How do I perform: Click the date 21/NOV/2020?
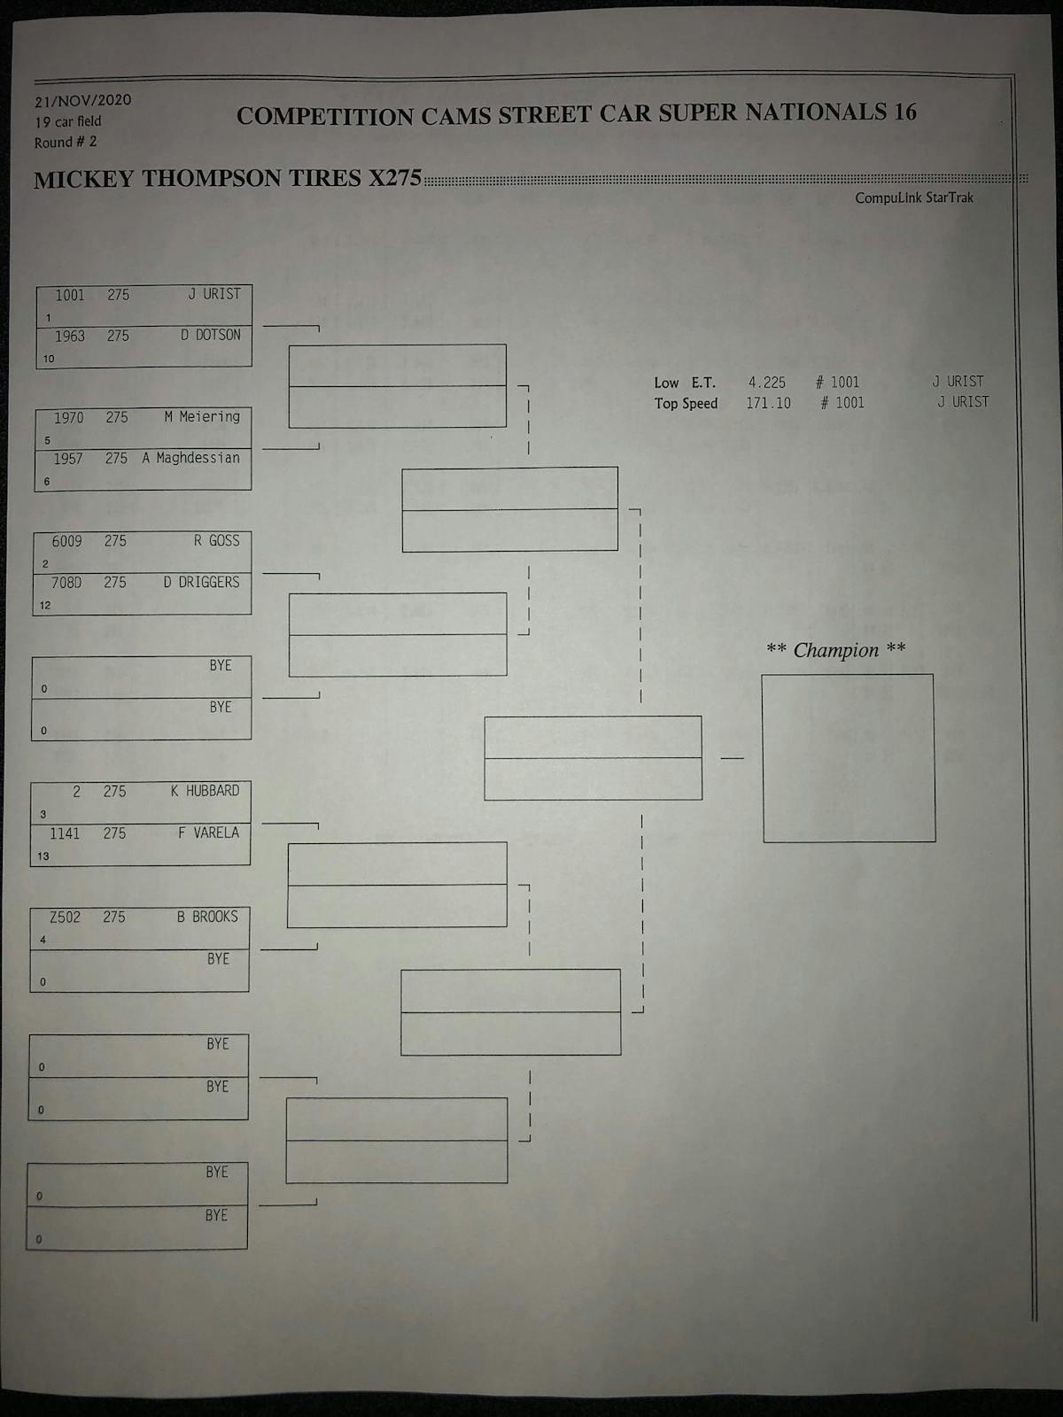pyautogui.click(x=83, y=100)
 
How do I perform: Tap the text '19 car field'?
pyautogui.click(x=68, y=121)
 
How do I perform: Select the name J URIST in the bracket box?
pyautogui.click(x=213, y=294)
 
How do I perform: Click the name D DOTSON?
pyautogui.click(x=211, y=335)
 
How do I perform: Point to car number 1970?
pyautogui.click(x=69, y=417)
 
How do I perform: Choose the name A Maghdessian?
pyautogui.click(x=190, y=458)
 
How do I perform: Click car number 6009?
pyautogui.click(x=67, y=541)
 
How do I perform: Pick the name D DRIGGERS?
pyautogui.click(x=201, y=582)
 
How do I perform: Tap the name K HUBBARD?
pyautogui.click(x=205, y=791)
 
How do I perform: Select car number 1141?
pyautogui.click(x=65, y=833)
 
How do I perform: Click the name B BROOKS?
pyautogui.click(x=207, y=917)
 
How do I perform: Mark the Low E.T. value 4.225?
pyautogui.click(x=766, y=383)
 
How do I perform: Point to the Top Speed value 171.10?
pyautogui.click(x=768, y=403)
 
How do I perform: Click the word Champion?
pyautogui.click(x=835, y=650)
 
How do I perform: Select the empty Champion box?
pyautogui.click(x=849, y=758)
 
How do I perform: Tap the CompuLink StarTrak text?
pyautogui.click(x=913, y=197)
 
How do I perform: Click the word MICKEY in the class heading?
pyautogui.click(x=83, y=180)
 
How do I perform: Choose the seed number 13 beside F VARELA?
pyautogui.click(x=43, y=856)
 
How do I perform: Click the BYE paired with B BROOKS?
pyautogui.click(x=218, y=959)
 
